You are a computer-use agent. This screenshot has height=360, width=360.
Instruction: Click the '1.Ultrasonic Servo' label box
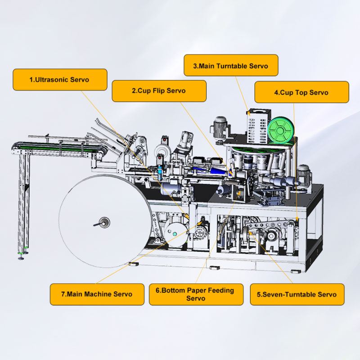coord(60,80)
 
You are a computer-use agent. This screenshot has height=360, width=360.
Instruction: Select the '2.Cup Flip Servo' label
coord(159,91)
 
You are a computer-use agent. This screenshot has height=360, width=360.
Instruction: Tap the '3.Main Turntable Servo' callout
coord(231,65)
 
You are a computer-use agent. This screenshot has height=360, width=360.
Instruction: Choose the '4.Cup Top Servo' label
coord(301,92)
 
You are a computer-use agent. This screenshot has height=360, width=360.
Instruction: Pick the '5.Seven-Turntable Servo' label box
coord(297,294)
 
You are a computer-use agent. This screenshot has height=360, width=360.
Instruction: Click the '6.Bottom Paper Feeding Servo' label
coord(196,294)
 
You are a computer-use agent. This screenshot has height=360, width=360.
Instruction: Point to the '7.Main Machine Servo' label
coord(97,294)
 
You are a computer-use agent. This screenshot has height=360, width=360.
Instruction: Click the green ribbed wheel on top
coord(281,130)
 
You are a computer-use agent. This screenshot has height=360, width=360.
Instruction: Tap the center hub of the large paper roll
coord(104,222)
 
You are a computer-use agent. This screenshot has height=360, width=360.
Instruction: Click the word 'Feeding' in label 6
coord(221,290)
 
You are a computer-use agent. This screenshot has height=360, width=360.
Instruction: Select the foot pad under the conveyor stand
coord(21,258)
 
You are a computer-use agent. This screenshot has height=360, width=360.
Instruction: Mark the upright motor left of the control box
coord(220,128)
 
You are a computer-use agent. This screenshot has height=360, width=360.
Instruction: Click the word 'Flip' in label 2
coord(159,91)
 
